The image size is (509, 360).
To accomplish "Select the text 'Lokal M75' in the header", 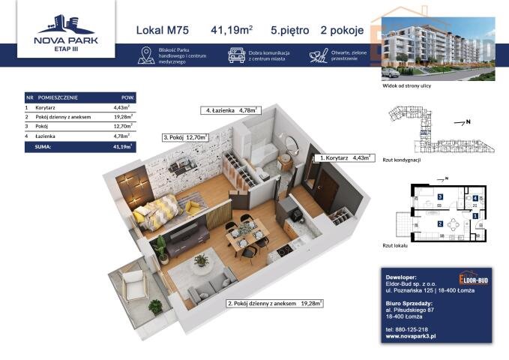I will pyautogui.click(x=163, y=31).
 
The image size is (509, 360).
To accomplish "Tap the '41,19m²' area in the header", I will pyautogui.click(x=233, y=31).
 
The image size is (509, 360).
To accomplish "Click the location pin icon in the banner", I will pyautogui.click(x=146, y=55).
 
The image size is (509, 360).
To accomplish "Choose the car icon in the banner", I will pyautogui.click(x=236, y=55).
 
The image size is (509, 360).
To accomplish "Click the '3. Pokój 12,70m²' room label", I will pyautogui.click(x=184, y=137).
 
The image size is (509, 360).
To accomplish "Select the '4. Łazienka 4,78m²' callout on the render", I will pyautogui.click(x=229, y=110).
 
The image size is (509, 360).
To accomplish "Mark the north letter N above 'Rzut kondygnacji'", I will pyautogui.click(x=468, y=121).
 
